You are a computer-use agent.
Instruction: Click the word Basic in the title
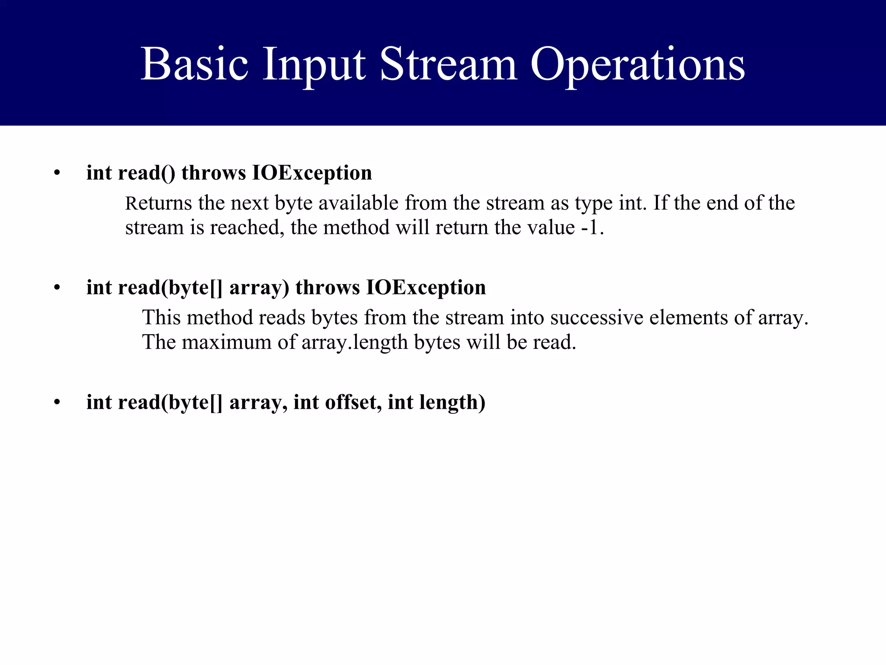[195, 65]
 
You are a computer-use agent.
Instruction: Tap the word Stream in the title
[448, 65]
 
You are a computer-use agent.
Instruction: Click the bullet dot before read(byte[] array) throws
[57, 288]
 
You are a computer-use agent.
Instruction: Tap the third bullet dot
[57, 403]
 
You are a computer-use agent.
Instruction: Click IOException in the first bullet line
[312, 173]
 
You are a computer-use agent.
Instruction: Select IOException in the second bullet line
[426, 288]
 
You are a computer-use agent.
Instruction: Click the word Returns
[158, 203]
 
